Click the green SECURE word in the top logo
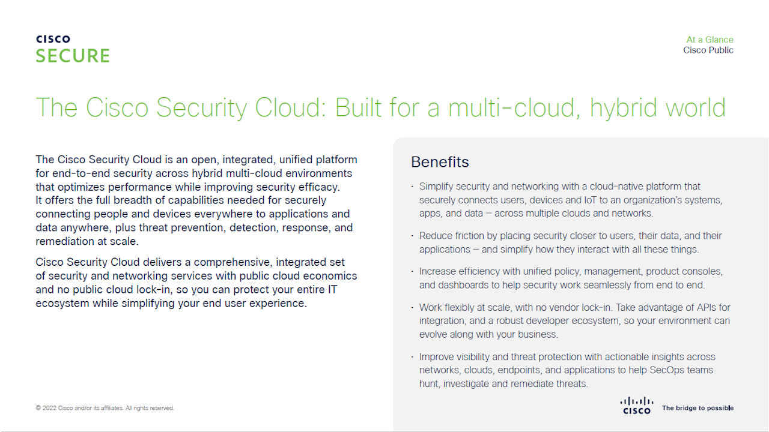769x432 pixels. pyautogui.click(x=73, y=56)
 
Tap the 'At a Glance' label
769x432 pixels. pyautogui.click(x=710, y=40)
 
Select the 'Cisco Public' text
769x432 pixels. pyautogui.click(x=708, y=50)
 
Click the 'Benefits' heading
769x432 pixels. pyautogui.click(x=440, y=162)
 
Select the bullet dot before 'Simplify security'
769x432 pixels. pyautogui.click(x=412, y=187)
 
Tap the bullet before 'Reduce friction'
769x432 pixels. pyautogui.click(x=412, y=236)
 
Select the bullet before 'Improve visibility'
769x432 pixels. pyautogui.click(x=412, y=357)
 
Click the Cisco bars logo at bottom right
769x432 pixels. pyautogui.click(x=636, y=405)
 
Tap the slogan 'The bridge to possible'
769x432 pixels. pyautogui.click(x=698, y=408)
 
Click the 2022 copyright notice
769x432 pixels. pyautogui.click(x=105, y=408)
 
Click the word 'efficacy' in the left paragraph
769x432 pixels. pyautogui.click(x=320, y=187)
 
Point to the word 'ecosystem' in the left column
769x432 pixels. pyautogui.click(x=62, y=303)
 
